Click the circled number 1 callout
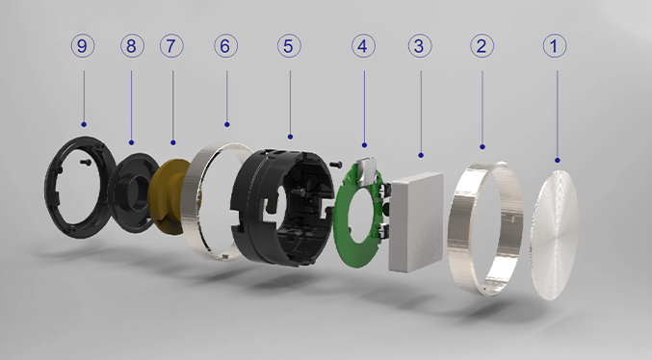(555, 46)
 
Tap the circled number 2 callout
(482, 46)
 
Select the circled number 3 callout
(420, 46)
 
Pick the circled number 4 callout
(363, 46)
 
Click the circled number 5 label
(289, 46)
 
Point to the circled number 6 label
(226, 46)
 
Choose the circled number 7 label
(171, 46)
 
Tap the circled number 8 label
(132, 46)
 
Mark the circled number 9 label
(82, 46)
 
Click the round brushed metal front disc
(555, 235)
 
